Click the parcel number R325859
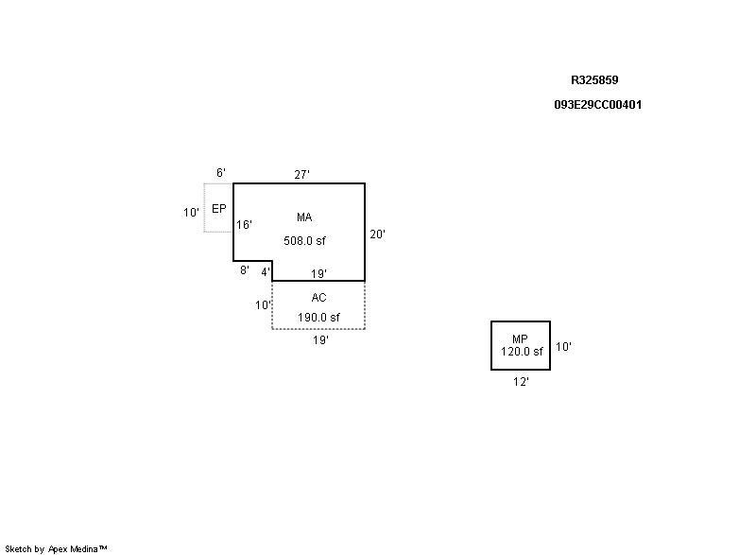point(594,81)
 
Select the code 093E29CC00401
point(598,105)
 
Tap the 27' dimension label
point(302,174)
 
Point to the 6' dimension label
point(221,173)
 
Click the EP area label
point(218,208)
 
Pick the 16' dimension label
point(245,225)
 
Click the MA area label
point(304,217)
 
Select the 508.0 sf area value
point(304,241)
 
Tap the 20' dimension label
point(377,234)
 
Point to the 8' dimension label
point(244,270)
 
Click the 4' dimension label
point(266,272)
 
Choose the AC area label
point(318,298)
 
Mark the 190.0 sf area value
point(318,318)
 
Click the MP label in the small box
point(520,339)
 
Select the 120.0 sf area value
point(522,352)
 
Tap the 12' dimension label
point(521,382)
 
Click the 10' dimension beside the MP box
point(563,347)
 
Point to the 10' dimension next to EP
point(191,213)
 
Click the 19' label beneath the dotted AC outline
point(320,340)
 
